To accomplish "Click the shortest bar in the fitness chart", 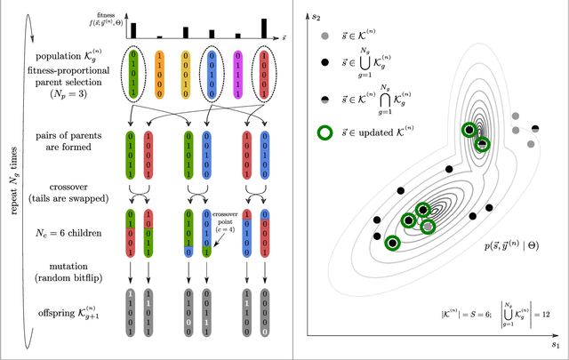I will [160, 37].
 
